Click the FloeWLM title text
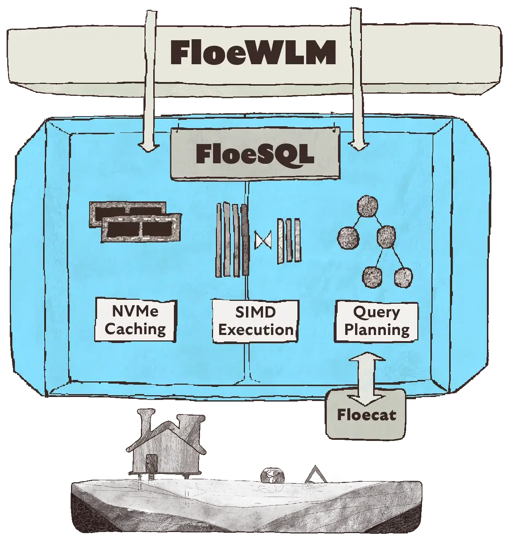(253, 53)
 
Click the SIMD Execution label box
(255, 321)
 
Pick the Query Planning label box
(376, 321)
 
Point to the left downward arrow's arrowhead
(149, 146)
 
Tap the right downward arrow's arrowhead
(359, 146)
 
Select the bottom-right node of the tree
(403, 278)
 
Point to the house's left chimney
(146, 421)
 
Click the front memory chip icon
(141, 228)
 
